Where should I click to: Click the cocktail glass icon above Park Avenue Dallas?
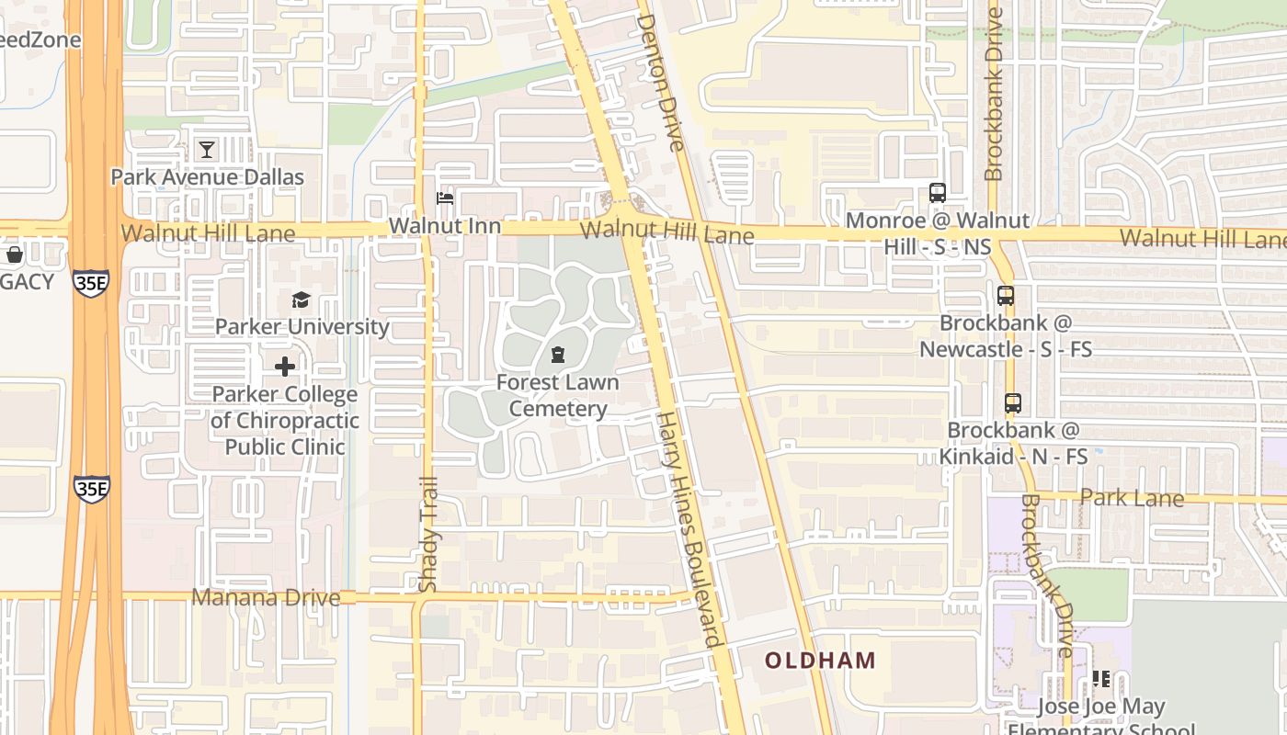(x=207, y=150)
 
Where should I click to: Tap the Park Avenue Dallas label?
(x=207, y=176)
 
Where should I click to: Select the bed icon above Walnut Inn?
(x=445, y=198)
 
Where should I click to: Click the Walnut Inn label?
(x=445, y=226)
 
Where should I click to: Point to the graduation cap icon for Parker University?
(x=301, y=300)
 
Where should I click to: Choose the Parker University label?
(x=302, y=326)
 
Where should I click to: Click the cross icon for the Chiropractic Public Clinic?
(x=285, y=367)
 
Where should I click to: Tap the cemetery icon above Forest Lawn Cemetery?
(x=557, y=356)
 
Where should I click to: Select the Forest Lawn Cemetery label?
(x=558, y=395)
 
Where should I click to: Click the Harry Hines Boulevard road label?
(x=686, y=530)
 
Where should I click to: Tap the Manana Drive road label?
(x=266, y=597)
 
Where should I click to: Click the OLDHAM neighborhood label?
(x=820, y=660)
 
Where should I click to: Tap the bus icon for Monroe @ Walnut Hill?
(x=938, y=193)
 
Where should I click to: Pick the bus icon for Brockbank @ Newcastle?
(x=1006, y=296)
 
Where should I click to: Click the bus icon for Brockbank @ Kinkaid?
(x=1012, y=402)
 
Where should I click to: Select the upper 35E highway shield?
(x=91, y=283)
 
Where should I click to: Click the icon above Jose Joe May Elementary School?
(x=1100, y=680)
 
